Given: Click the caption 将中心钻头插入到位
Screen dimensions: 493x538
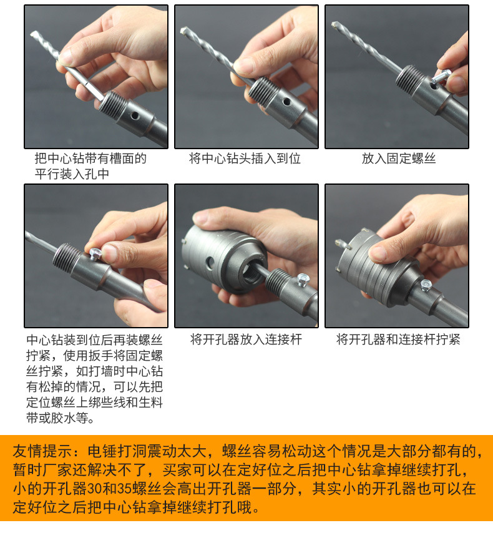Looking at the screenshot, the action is pos(245,159).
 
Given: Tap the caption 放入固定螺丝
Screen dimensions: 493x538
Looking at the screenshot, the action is pos(399,159).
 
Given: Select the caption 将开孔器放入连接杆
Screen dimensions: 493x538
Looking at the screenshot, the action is pos(246,340).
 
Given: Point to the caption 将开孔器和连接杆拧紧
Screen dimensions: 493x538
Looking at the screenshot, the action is pos(398,340).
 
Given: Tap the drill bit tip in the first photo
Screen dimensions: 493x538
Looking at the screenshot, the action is pos(34,35).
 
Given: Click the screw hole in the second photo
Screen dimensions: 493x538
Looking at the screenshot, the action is pos(286,102).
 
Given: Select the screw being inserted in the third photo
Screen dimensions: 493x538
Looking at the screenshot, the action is pos(441,77).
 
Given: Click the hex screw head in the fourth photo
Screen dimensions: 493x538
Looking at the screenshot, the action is pos(95,253).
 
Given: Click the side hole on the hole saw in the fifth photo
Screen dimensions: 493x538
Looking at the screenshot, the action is pos(209,263).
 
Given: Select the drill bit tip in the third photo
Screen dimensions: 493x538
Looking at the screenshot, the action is pos(335,25).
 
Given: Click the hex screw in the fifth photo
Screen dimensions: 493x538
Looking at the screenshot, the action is pos(303,279).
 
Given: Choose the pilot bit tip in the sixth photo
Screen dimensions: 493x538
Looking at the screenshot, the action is pos(339,243).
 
